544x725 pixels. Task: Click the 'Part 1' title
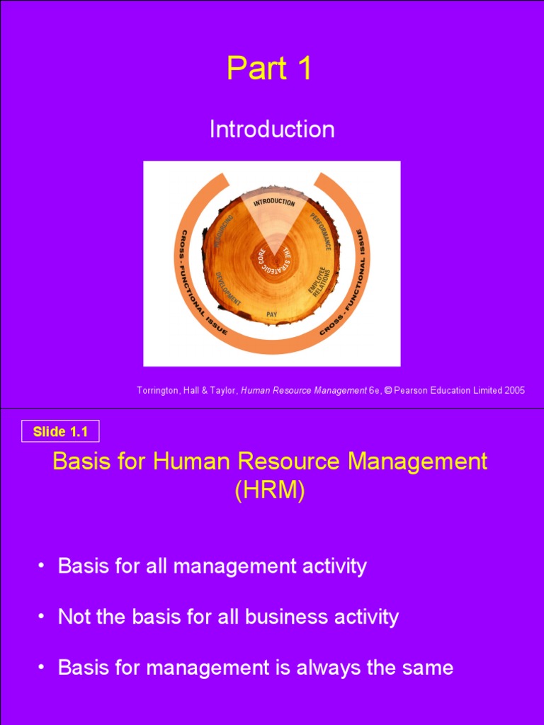(x=269, y=69)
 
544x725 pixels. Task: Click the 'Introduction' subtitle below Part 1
(x=272, y=129)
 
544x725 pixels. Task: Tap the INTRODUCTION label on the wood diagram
(x=274, y=202)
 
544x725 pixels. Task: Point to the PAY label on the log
(x=271, y=314)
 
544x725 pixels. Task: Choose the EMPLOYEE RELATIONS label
(x=319, y=282)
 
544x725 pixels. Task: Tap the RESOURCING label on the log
(x=220, y=232)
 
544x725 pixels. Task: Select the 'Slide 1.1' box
(x=60, y=431)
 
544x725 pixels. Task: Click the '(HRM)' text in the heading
(x=269, y=491)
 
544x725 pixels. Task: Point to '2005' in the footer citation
(x=514, y=391)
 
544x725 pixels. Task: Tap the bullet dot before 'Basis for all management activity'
(x=41, y=566)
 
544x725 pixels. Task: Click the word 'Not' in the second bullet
(x=74, y=617)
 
